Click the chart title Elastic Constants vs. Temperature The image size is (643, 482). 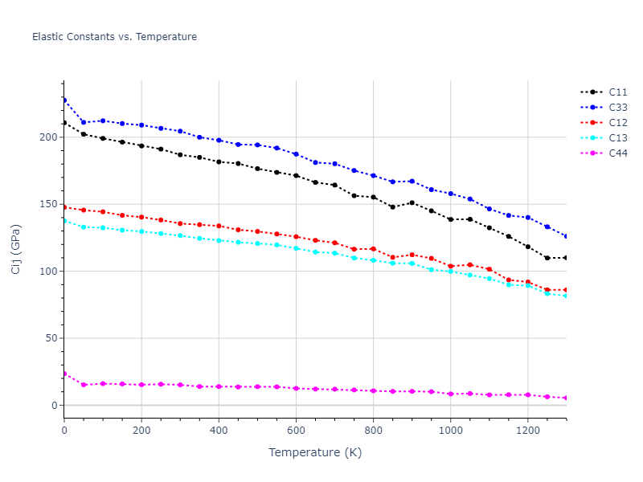(x=114, y=37)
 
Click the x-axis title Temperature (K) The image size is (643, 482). (x=315, y=452)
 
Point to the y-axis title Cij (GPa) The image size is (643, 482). (x=16, y=249)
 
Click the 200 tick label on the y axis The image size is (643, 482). (x=48, y=137)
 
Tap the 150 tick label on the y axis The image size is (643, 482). (x=48, y=204)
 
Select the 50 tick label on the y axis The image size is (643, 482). (x=51, y=338)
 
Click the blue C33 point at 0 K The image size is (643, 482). (x=64, y=100)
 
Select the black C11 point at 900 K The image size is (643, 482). (x=412, y=202)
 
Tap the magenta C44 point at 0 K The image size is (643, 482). (x=64, y=374)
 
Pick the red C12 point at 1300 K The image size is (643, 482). (x=566, y=290)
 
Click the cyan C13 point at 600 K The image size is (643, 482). (x=296, y=248)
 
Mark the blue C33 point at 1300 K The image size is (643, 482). (x=566, y=236)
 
